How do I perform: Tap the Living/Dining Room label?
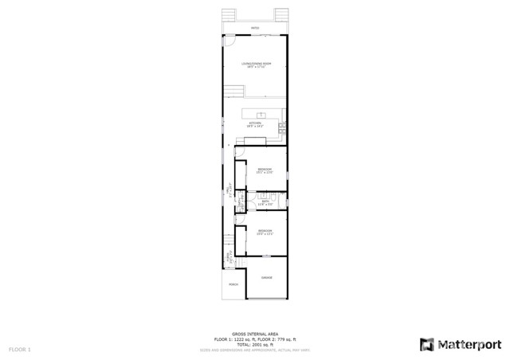point(255,65)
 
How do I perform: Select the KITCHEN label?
point(255,123)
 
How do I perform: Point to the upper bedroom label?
point(265,170)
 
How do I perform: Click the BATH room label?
point(265,204)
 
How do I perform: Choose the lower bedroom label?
point(265,233)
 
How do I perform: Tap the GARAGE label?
point(266,278)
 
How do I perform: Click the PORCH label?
point(233,284)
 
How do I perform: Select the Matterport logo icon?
point(426,344)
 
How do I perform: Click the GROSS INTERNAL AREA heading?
point(254,334)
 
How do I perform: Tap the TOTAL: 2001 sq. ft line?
point(254,343)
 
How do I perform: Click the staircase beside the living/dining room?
point(231,89)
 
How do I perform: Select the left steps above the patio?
point(228,16)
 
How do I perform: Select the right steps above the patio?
point(281,16)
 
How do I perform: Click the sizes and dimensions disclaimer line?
point(254,350)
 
